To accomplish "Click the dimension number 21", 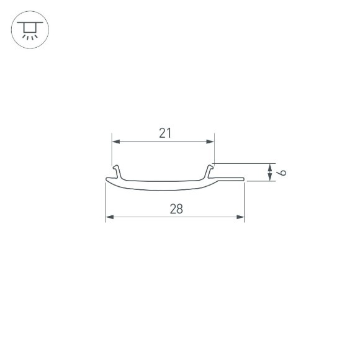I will (164, 132).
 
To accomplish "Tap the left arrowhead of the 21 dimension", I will (115, 142).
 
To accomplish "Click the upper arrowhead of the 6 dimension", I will (269, 167).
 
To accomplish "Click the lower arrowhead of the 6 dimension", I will (269, 178).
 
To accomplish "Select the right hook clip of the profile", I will (210, 169).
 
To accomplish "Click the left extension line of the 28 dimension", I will (106, 202).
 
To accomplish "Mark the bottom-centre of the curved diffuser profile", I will (168, 190).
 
